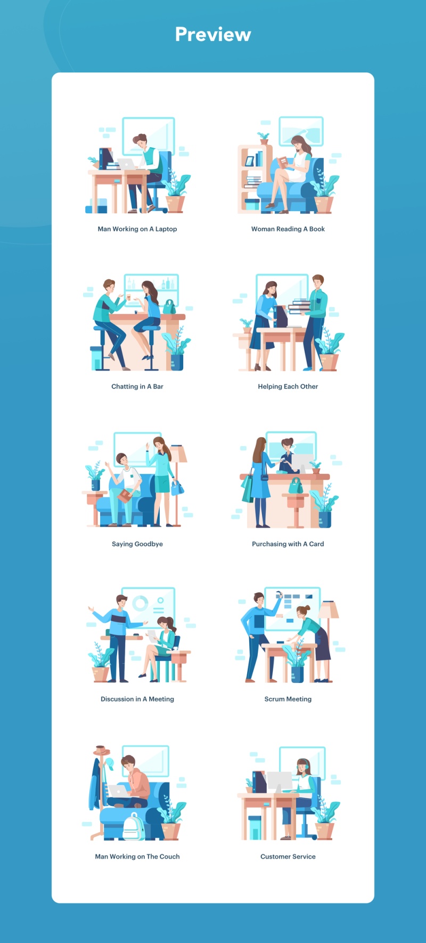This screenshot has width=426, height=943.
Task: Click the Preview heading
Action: (x=213, y=35)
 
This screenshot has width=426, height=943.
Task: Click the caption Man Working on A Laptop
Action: (x=137, y=229)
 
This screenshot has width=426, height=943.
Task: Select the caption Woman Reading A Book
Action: (x=288, y=229)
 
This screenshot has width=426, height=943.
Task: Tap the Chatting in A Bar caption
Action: (x=137, y=386)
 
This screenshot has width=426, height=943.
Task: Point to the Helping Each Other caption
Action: (x=288, y=386)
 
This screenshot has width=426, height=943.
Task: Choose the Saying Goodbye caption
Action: (x=137, y=544)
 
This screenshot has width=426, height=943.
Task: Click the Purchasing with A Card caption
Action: (x=288, y=544)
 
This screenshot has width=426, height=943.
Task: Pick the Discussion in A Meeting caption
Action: (x=137, y=699)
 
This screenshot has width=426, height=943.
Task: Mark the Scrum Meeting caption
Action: (x=288, y=699)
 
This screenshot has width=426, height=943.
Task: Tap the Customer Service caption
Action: (x=288, y=857)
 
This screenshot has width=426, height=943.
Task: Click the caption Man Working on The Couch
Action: (x=137, y=857)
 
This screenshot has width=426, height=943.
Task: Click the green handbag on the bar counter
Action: (x=169, y=307)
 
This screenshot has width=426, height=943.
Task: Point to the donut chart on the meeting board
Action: (x=141, y=603)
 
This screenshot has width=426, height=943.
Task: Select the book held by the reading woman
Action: (x=283, y=162)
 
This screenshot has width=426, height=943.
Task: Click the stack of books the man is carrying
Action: (x=299, y=307)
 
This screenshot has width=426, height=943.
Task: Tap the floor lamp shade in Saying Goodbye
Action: (x=178, y=454)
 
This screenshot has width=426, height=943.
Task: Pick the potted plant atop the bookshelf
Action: (x=264, y=139)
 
